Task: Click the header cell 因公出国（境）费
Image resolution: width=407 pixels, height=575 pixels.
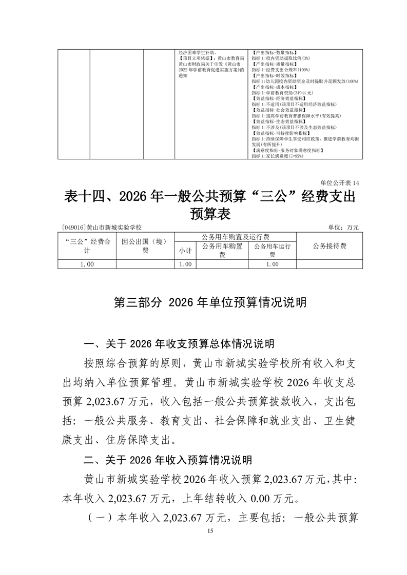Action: click(x=145, y=246)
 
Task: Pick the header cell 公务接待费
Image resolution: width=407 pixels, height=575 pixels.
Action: click(x=330, y=246)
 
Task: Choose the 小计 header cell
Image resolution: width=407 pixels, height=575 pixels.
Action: click(x=185, y=251)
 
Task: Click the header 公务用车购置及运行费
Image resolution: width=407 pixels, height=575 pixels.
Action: click(x=236, y=236)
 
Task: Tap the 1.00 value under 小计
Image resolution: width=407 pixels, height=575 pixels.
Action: click(x=185, y=264)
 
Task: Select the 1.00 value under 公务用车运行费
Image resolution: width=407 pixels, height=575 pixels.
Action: click(x=272, y=264)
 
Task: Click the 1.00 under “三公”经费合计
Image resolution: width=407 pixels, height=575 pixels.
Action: click(x=87, y=264)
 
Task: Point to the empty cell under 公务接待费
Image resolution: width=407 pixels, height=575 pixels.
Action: click(x=330, y=264)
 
